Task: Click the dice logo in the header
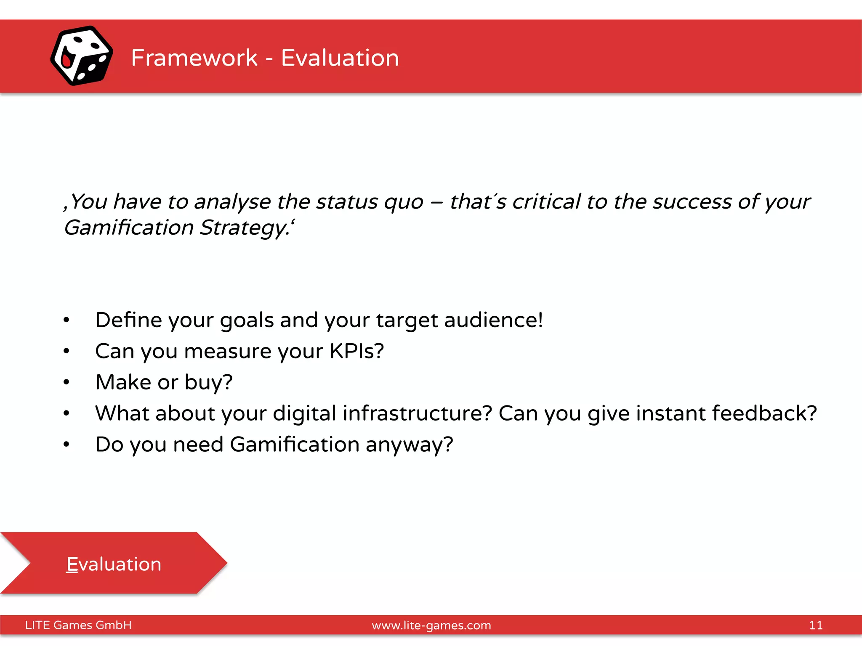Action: coord(81,56)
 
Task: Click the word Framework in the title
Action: coord(194,58)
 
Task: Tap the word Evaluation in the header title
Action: coord(340,58)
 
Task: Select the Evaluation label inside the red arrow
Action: coord(114,564)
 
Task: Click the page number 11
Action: coord(815,625)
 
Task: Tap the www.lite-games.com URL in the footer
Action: coord(431,625)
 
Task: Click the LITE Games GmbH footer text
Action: coord(78,625)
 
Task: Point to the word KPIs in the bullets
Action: coord(356,351)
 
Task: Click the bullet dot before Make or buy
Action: coord(66,382)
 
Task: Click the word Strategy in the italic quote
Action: coord(244,228)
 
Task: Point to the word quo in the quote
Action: coord(403,202)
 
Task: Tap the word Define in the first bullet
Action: coord(128,320)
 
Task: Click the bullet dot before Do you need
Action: coord(66,445)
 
